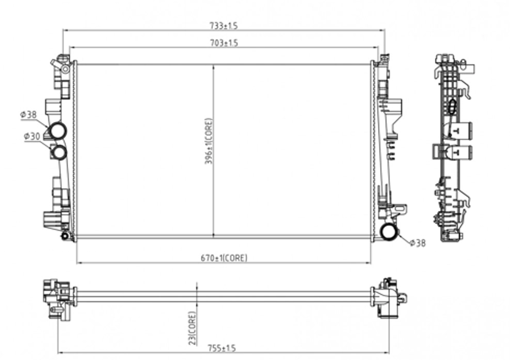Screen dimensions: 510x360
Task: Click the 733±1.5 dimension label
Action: (x=223, y=26)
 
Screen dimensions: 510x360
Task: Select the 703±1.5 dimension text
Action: (x=224, y=43)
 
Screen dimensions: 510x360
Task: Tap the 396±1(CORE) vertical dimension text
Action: (x=208, y=141)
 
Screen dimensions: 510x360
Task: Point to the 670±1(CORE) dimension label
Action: (x=224, y=258)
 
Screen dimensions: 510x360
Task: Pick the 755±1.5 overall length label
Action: (x=222, y=348)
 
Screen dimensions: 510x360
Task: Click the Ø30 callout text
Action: (x=32, y=137)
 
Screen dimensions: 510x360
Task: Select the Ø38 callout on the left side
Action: (x=28, y=114)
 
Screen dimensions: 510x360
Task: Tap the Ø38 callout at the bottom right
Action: (x=417, y=243)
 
